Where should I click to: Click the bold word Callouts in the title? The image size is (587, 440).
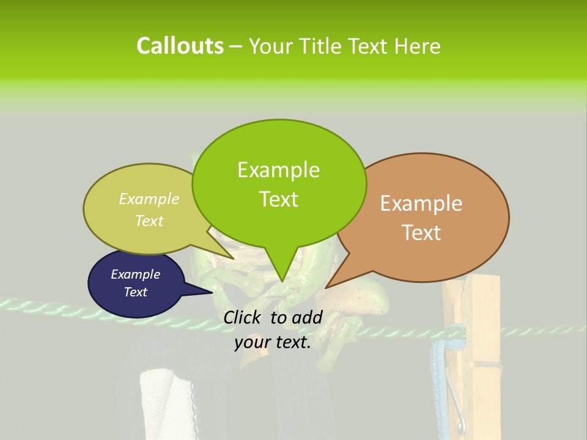tap(180, 46)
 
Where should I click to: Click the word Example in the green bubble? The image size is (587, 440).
tap(278, 170)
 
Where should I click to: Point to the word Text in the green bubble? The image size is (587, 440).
tap(278, 199)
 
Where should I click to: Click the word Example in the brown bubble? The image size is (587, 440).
tap(421, 204)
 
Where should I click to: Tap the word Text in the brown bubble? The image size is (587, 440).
tap(421, 233)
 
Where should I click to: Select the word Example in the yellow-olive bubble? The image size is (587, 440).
tap(149, 199)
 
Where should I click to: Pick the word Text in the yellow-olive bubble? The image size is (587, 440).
tap(149, 221)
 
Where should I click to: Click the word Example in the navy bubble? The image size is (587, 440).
tap(135, 274)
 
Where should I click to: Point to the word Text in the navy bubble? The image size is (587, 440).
tap(135, 292)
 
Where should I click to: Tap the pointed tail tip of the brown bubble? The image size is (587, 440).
tap(326, 287)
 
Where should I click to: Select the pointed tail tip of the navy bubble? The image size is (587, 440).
tap(212, 293)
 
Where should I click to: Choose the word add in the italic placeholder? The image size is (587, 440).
tap(307, 317)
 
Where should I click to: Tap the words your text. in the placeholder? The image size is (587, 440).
tap(273, 343)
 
